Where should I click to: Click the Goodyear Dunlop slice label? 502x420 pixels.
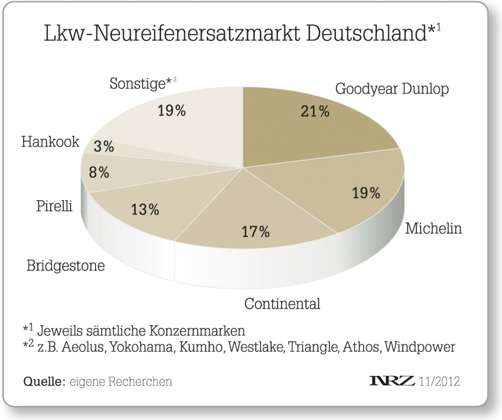392,89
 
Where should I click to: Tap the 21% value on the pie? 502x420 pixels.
315,111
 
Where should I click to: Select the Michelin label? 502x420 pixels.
433,229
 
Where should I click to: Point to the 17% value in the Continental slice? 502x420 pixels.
255,231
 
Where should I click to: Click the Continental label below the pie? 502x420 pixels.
282,303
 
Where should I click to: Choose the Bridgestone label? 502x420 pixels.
66,266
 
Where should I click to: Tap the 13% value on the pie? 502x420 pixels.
145,210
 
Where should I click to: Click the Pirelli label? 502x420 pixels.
54,206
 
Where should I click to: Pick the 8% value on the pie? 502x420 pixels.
99,172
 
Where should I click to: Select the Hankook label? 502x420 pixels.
50,142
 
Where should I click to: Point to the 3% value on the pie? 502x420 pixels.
104,147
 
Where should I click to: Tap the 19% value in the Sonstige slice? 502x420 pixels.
172,110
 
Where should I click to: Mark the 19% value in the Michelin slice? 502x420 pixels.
366,193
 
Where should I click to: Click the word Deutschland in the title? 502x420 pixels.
366,33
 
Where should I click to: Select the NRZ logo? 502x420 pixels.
392,381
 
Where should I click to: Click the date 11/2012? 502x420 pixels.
439,381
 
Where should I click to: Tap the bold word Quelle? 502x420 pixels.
44,382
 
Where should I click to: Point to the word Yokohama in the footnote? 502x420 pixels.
142,347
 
